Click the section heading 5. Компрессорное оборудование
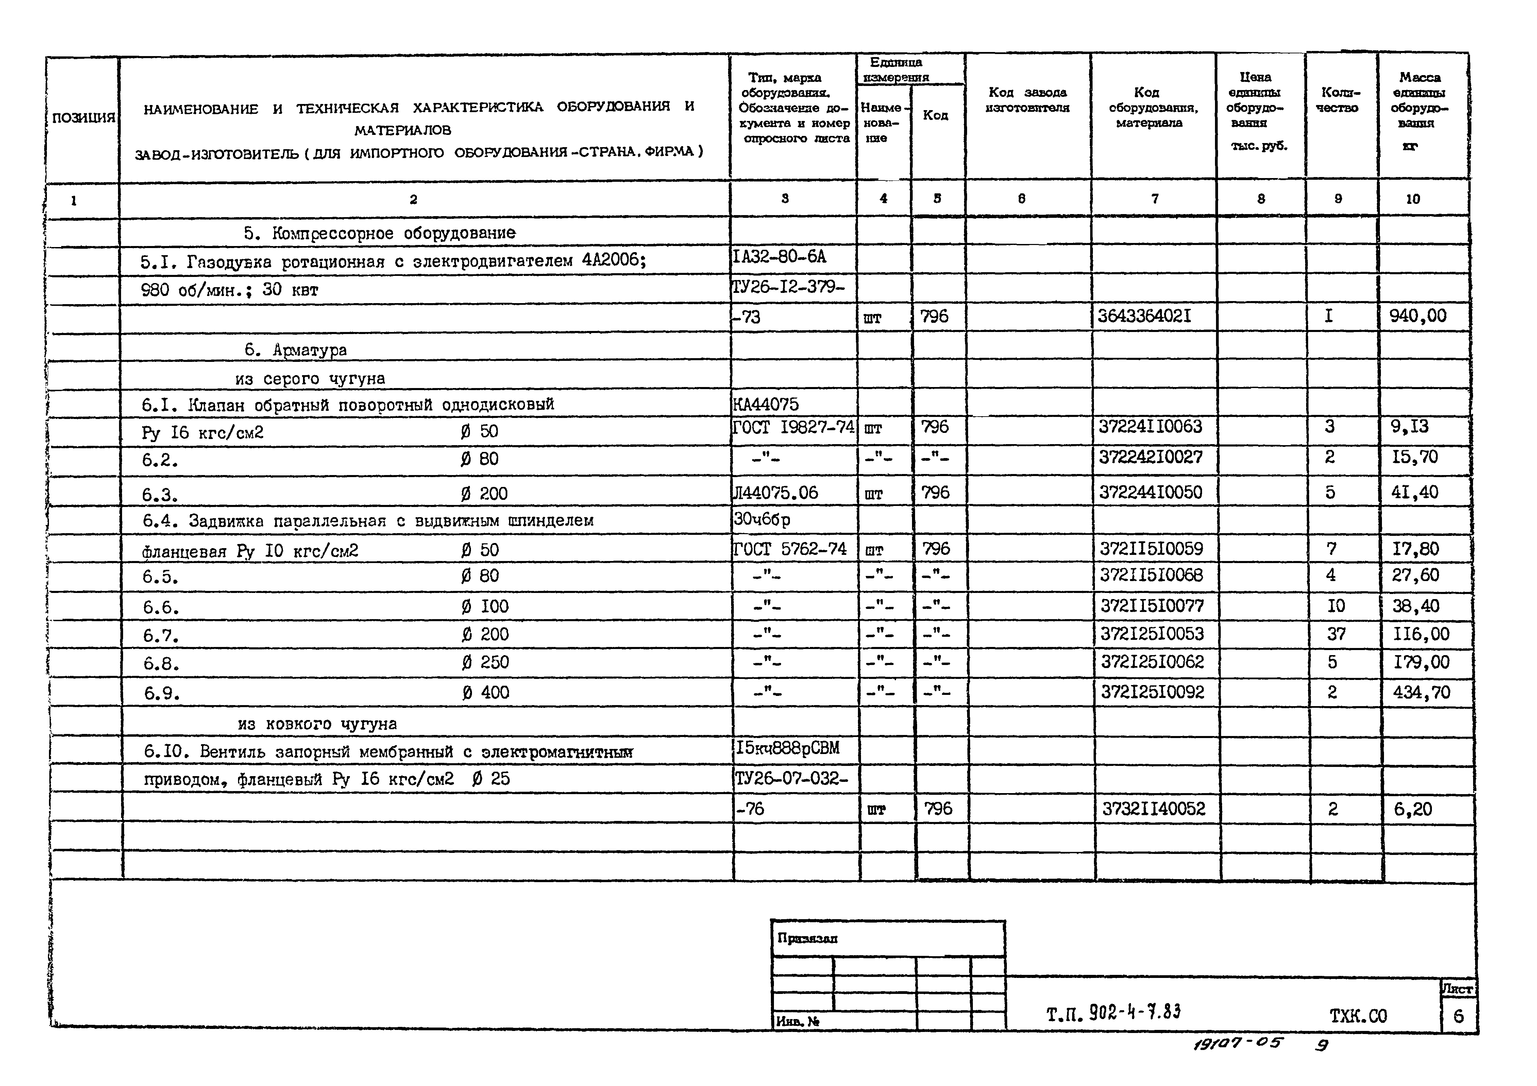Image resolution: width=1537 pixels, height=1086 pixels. click(379, 233)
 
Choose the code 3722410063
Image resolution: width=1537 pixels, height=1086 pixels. click(1150, 426)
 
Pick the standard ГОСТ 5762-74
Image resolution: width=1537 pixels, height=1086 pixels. click(790, 549)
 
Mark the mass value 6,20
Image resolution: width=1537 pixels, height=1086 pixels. click(1413, 809)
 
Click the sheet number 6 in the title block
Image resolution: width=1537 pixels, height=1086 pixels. click(1458, 1016)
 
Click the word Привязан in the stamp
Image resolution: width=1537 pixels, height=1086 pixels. click(807, 938)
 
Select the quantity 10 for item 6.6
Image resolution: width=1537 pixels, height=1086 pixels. click(1335, 606)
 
